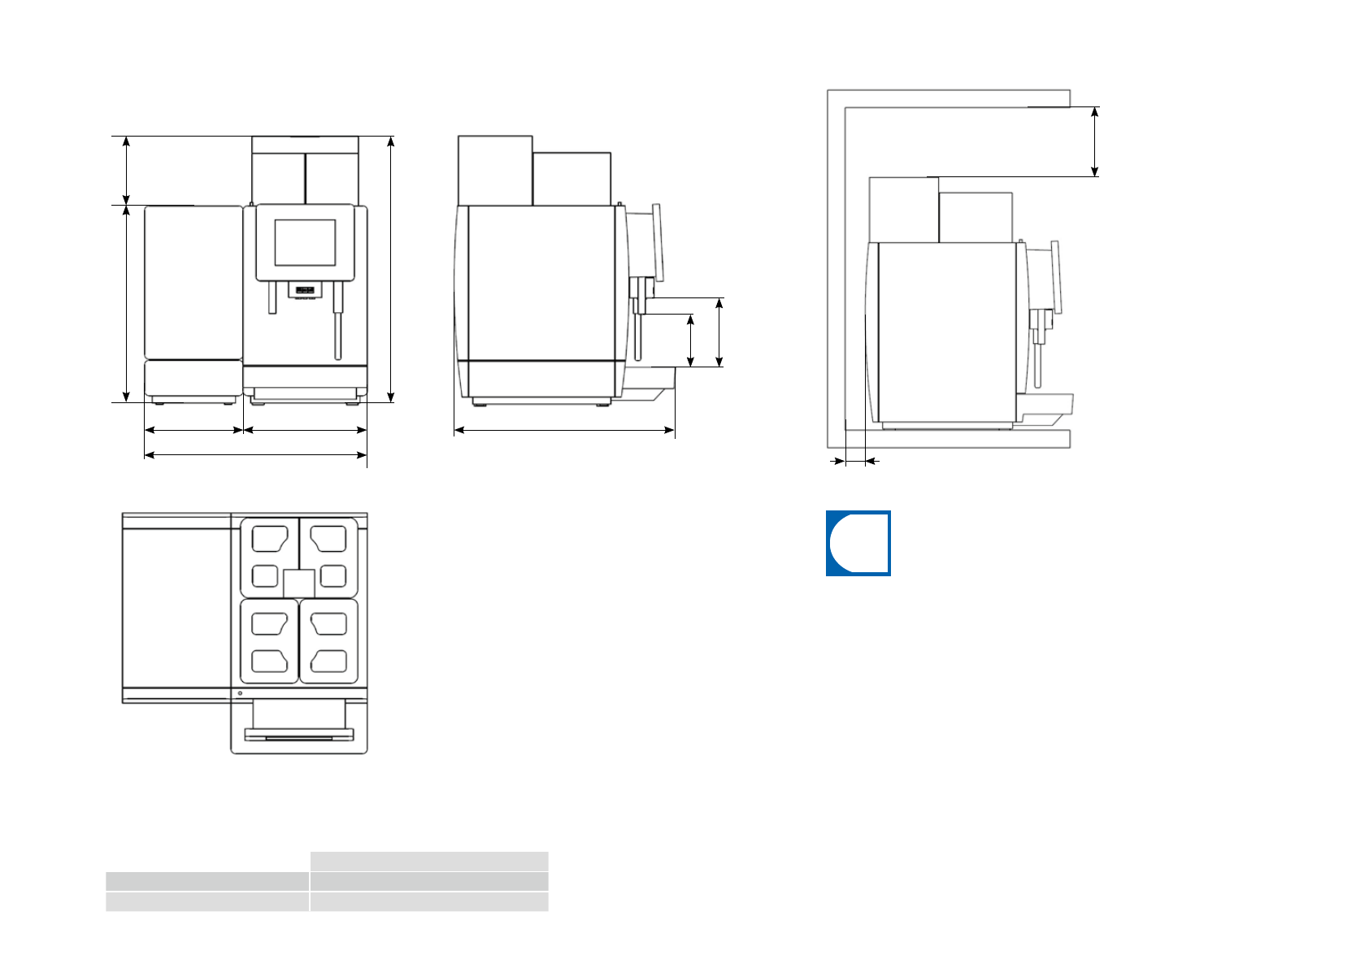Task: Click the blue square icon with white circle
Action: point(858,543)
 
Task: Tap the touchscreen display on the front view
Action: point(305,242)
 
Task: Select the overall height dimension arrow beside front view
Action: point(391,269)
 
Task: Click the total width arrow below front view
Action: point(255,455)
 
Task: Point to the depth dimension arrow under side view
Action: point(564,430)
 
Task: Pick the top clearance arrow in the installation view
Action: point(1095,141)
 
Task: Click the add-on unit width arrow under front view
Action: point(193,430)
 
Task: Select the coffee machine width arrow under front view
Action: point(306,430)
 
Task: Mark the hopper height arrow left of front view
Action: point(126,171)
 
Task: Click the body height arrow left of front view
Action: point(126,303)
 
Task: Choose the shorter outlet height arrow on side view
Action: point(690,341)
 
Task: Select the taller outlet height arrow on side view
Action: point(719,332)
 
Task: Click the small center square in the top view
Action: point(298,584)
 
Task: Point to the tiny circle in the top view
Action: point(240,693)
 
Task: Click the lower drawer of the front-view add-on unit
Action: point(193,379)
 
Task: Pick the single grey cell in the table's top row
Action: point(428,861)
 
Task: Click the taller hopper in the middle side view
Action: point(494,171)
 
